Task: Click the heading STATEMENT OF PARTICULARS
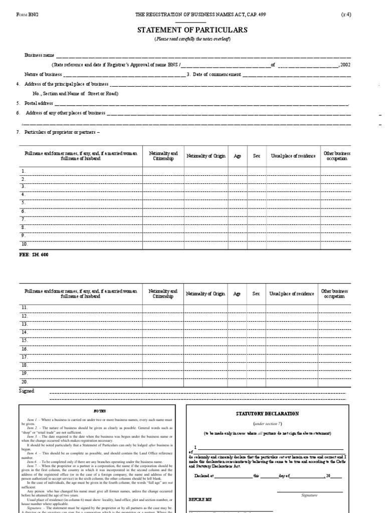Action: (192, 30)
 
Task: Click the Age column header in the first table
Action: (238, 156)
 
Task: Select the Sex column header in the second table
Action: (256, 294)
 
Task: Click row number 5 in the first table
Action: (23, 203)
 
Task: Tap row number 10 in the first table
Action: (24, 243)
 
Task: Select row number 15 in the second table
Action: (24, 340)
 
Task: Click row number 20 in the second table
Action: (24, 381)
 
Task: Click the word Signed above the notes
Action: (27, 390)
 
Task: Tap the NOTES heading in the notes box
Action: (97, 410)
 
